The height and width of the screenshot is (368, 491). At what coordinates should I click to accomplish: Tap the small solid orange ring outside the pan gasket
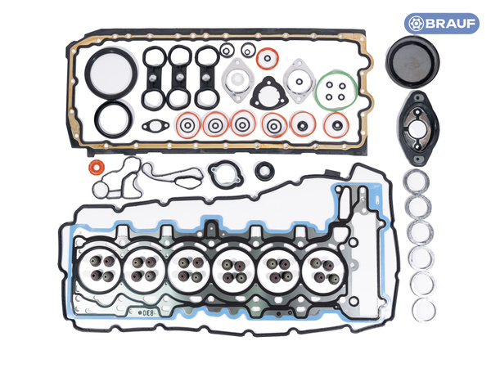pyautogui.click(x=96, y=170)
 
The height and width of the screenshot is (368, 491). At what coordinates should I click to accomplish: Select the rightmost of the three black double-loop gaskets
pyautogui.click(x=205, y=74)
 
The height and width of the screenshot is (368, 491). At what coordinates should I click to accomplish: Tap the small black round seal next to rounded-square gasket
pyautogui.click(x=264, y=172)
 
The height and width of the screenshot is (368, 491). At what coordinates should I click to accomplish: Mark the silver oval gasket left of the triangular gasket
pyautogui.click(x=236, y=79)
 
